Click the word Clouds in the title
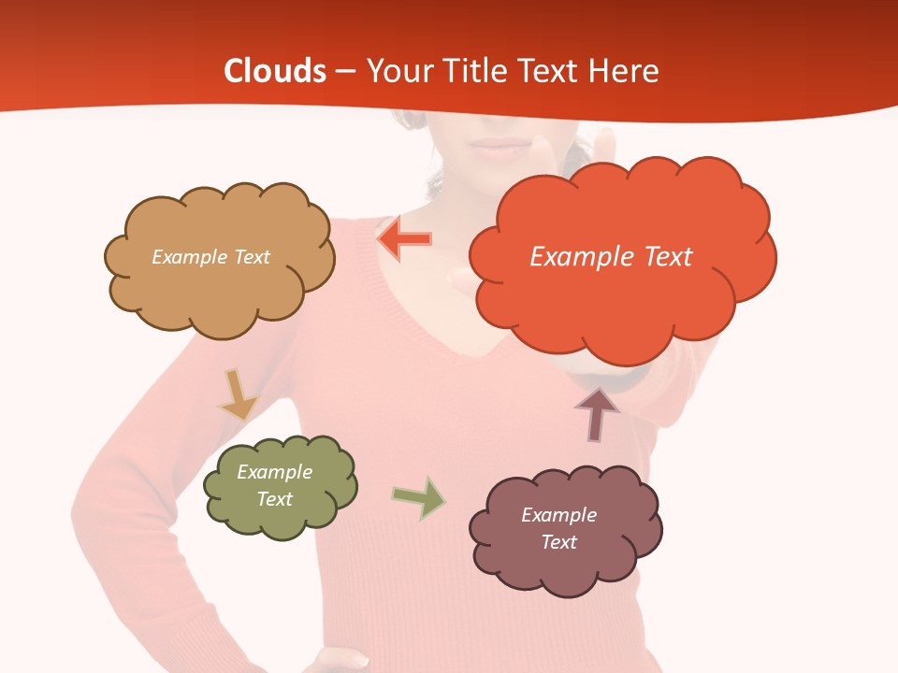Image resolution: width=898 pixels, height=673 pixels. point(275,71)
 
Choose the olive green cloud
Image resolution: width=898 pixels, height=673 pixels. point(281,519)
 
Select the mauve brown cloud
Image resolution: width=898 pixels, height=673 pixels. point(566,570)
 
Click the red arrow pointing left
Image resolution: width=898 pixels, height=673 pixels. point(404,239)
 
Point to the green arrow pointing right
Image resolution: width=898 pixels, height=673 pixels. point(419,497)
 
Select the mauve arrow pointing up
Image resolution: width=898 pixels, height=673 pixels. point(597,413)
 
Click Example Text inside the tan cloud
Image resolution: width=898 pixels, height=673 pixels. point(210,257)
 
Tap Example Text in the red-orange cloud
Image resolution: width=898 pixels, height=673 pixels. point(611,256)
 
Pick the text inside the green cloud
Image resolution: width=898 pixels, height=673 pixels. point(275,485)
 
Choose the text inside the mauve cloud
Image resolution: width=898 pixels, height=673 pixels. point(558,528)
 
